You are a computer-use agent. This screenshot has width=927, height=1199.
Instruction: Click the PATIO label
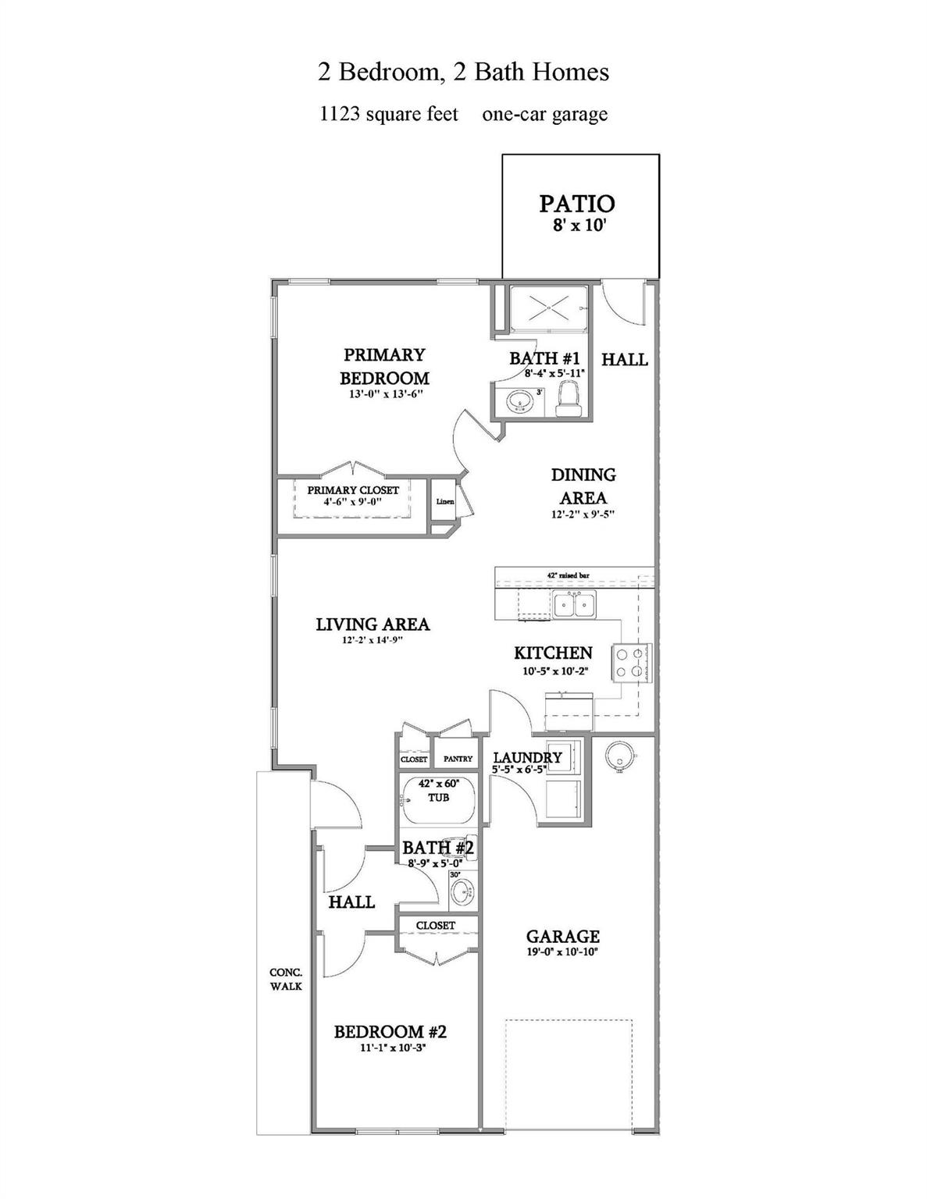(x=577, y=204)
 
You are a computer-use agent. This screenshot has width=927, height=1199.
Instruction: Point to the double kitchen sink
(x=574, y=604)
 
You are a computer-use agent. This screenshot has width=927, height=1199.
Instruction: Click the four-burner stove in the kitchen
(x=632, y=662)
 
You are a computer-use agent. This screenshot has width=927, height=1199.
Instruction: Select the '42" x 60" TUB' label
(x=438, y=790)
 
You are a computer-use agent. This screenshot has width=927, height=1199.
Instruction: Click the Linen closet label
(x=444, y=502)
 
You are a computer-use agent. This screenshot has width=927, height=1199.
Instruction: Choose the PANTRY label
(x=458, y=759)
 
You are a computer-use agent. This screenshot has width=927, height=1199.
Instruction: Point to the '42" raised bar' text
(x=568, y=575)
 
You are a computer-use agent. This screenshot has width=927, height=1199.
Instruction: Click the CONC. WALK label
(x=286, y=979)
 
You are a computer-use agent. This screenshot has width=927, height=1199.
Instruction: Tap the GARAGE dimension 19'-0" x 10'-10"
(x=562, y=952)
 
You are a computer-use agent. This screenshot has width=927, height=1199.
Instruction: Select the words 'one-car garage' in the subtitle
(x=544, y=114)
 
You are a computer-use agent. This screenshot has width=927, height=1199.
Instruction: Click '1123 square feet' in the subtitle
(x=389, y=114)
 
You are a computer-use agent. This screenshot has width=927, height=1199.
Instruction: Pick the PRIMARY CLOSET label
(x=353, y=490)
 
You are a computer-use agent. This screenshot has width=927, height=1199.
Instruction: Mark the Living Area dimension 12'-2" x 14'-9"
(x=373, y=640)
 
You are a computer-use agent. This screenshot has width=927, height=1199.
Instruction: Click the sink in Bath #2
(x=462, y=891)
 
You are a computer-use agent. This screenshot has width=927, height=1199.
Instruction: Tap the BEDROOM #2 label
(x=390, y=1031)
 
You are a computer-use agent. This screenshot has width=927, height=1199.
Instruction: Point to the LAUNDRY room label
(x=527, y=757)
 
